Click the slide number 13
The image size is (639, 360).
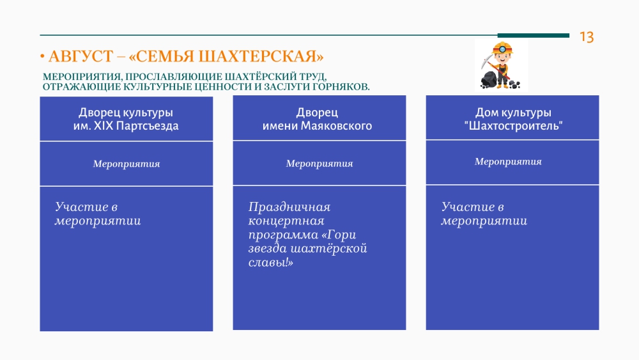(587, 37)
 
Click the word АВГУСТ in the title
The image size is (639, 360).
(81, 56)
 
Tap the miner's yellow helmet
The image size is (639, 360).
(502, 48)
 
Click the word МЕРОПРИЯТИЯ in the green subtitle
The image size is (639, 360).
(82, 77)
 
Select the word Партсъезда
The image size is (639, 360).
(147, 126)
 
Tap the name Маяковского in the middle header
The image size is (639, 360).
(336, 126)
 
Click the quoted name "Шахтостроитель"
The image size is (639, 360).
(513, 125)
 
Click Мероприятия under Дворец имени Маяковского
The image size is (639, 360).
(319, 164)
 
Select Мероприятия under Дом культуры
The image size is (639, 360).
(508, 162)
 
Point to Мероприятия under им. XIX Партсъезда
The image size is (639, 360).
(127, 164)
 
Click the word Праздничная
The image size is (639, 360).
(289, 207)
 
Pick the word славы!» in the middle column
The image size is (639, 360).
(270, 262)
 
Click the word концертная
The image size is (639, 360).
(286, 221)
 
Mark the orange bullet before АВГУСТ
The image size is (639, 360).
(42, 56)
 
